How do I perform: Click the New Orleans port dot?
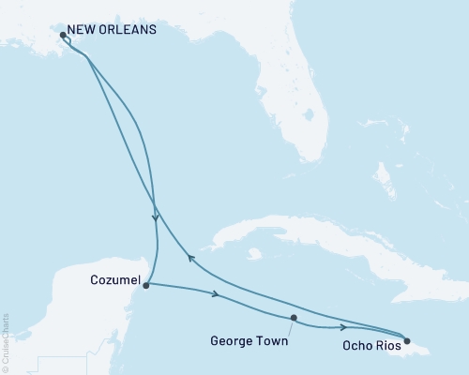click(x=63, y=36)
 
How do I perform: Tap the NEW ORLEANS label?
click(x=113, y=29)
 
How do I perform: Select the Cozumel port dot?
click(x=146, y=286)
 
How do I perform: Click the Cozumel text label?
click(x=116, y=280)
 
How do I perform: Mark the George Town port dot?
click(x=294, y=318)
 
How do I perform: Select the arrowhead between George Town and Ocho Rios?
click(x=342, y=327)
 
